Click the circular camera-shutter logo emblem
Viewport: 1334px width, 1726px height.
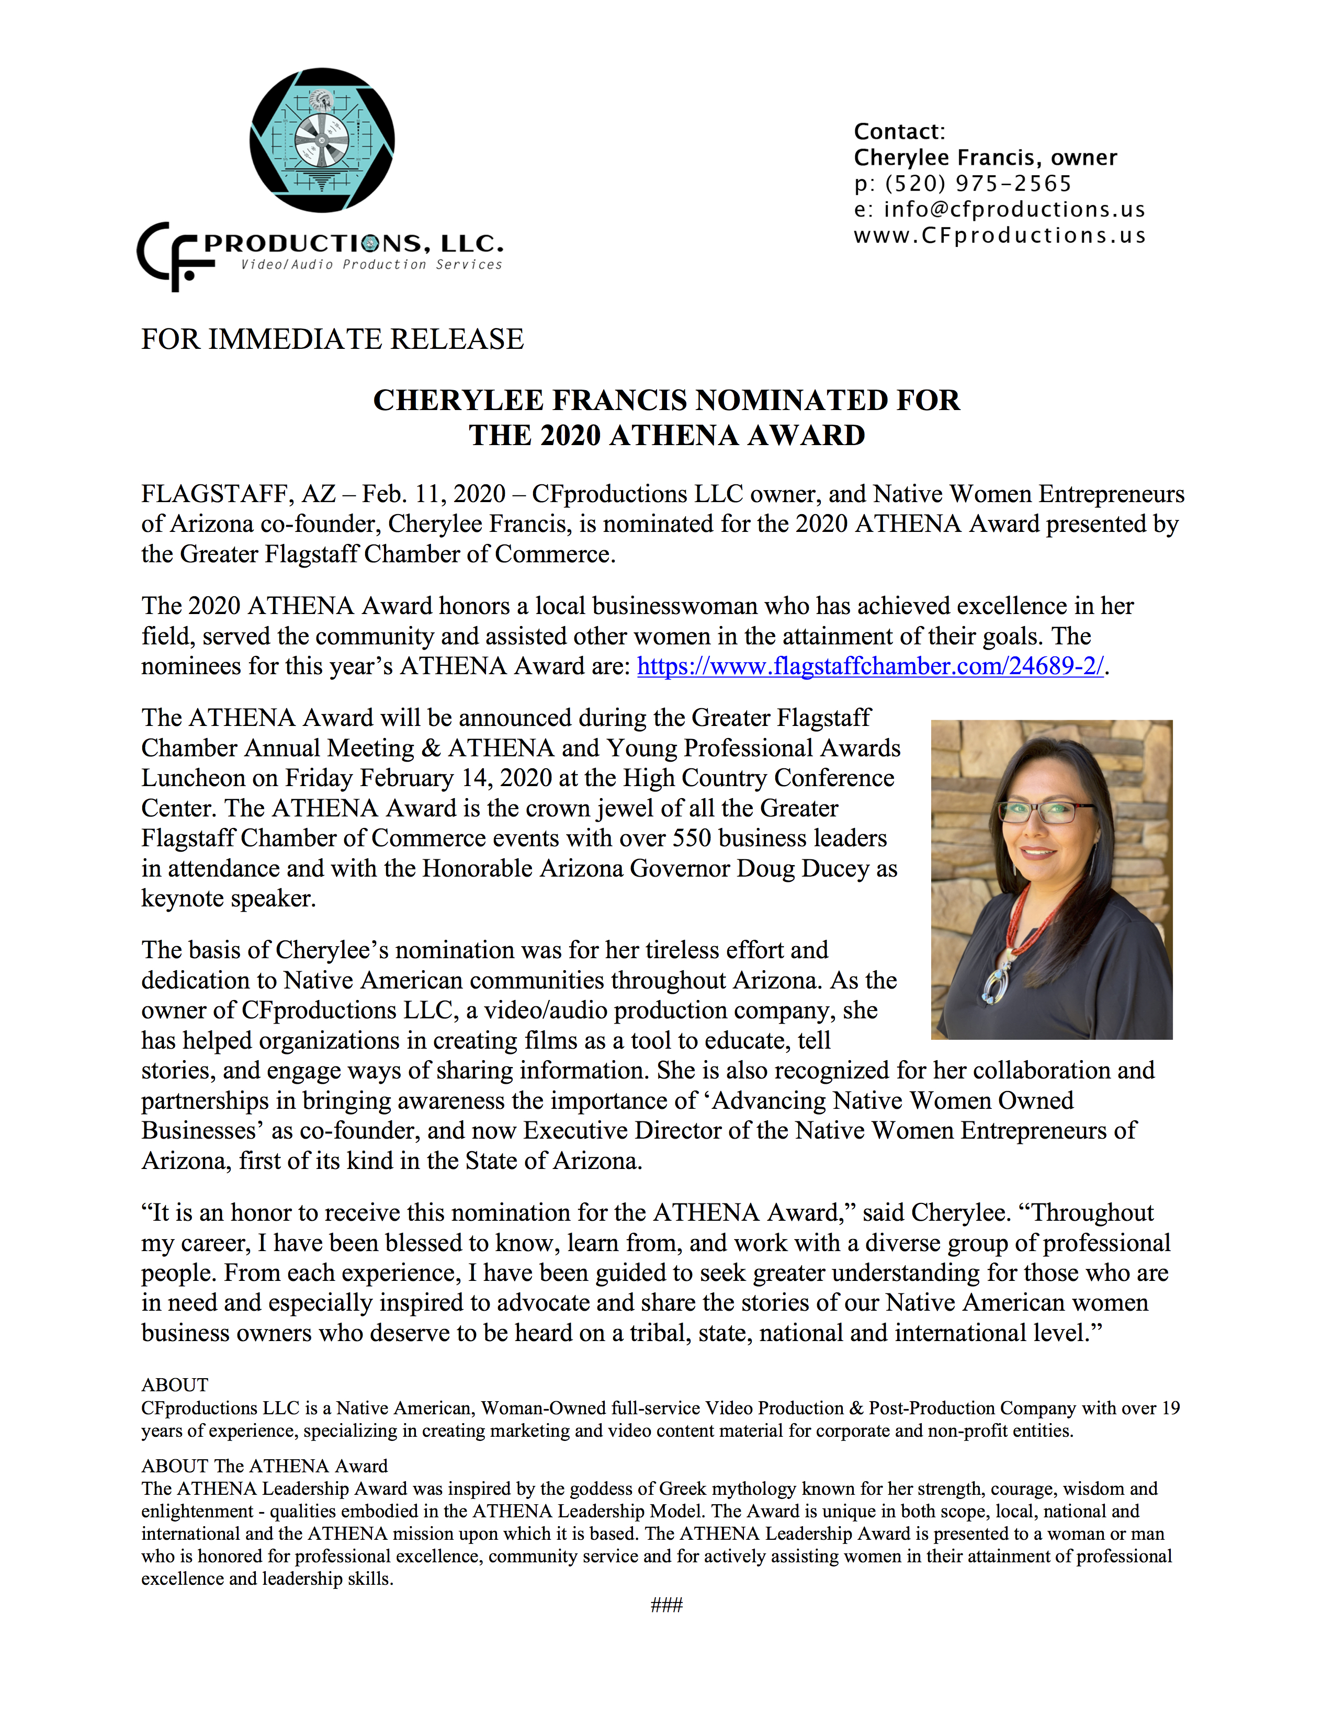point(322,140)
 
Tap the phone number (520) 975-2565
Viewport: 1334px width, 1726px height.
point(978,184)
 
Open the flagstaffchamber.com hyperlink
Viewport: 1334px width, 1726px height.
point(870,666)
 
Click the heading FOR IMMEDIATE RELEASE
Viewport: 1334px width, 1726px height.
point(332,339)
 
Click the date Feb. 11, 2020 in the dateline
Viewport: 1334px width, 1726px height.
point(433,494)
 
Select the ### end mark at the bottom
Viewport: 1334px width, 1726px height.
point(666,1605)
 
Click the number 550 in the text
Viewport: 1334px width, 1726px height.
point(692,838)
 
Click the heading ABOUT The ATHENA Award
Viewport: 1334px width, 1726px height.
point(264,1466)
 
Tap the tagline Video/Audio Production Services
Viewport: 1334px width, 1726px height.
point(371,265)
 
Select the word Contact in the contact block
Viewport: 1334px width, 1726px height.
point(898,131)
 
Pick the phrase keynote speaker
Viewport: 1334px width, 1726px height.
point(229,899)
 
